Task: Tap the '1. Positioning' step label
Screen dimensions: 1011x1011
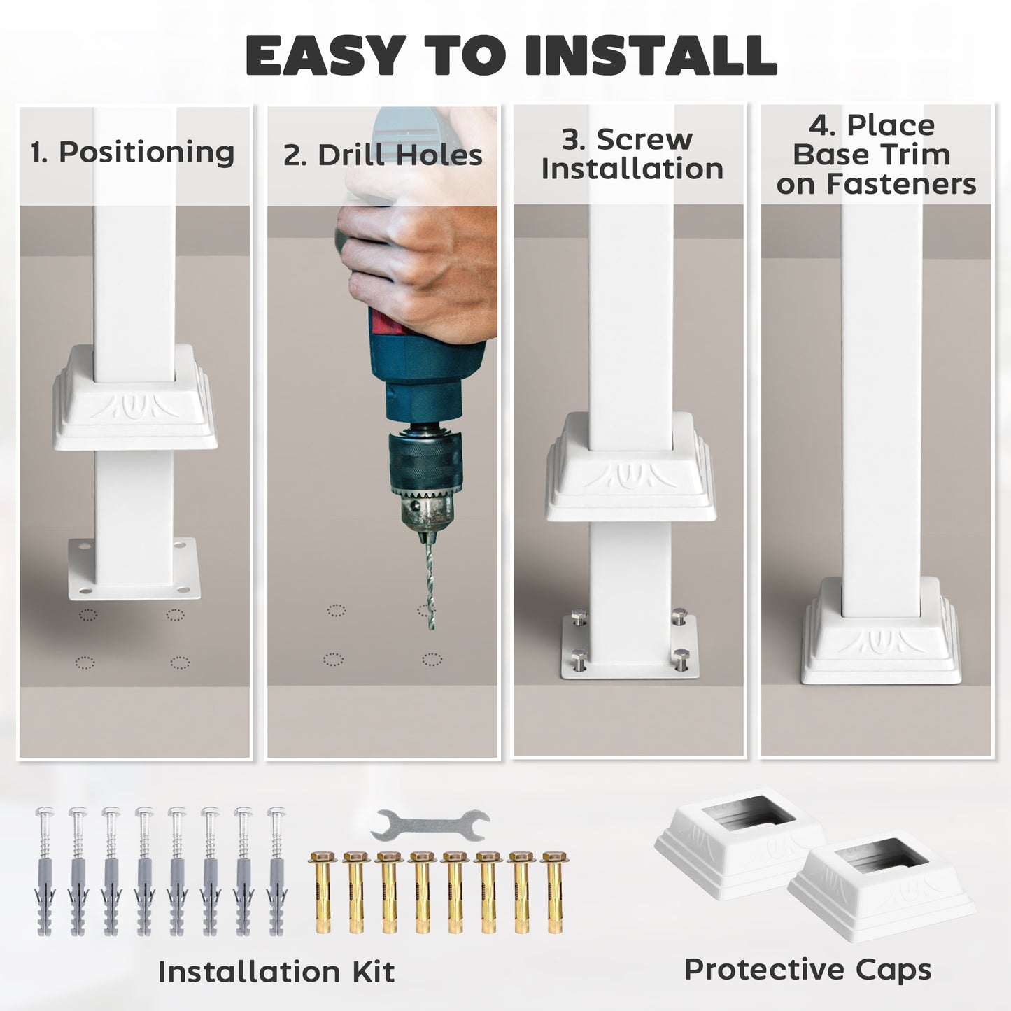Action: (x=132, y=153)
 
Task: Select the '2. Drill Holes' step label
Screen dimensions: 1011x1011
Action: (x=383, y=155)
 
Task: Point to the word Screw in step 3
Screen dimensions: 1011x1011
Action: (x=644, y=139)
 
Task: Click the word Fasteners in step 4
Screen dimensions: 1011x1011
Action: (x=901, y=184)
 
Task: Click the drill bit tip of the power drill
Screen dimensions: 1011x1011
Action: (x=432, y=628)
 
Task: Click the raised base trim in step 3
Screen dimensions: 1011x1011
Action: (x=631, y=467)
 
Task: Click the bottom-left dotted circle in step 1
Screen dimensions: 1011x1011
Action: (x=85, y=663)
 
